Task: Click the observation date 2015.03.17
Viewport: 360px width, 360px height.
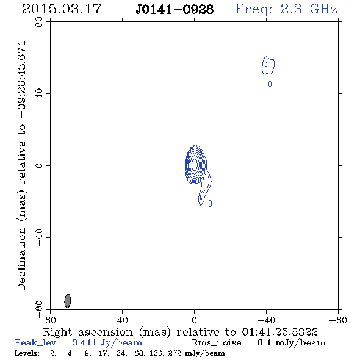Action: click(62, 9)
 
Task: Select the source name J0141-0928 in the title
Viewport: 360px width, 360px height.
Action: click(175, 10)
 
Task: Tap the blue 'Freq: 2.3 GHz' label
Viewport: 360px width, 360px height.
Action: click(286, 10)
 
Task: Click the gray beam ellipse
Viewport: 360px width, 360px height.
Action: click(68, 301)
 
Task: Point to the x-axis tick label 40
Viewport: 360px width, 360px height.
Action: click(122, 320)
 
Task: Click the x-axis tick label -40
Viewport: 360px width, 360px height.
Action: click(266, 320)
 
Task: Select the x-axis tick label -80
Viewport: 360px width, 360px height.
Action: click(338, 320)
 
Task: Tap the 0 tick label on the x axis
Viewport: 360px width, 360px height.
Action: click(194, 320)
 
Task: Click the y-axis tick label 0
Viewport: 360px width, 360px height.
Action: click(39, 165)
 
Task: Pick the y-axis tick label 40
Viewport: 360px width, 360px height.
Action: click(39, 94)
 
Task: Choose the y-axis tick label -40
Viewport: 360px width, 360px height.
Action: click(39, 237)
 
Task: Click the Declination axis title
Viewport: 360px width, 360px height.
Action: click(21, 166)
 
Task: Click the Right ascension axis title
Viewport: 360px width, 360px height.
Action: click(181, 332)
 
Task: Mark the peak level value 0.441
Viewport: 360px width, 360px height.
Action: click(84, 343)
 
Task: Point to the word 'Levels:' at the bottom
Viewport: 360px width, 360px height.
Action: click(27, 353)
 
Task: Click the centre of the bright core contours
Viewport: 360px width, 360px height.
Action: click(195, 165)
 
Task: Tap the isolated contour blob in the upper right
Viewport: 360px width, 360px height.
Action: click(268, 65)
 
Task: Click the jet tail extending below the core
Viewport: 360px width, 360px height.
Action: click(204, 189)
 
